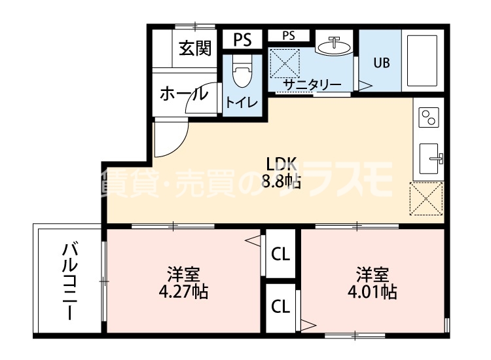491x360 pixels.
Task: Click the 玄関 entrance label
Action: click(x=194, y=48)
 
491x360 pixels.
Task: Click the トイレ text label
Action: click(x=242, y=102)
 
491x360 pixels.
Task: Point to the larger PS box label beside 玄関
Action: click(x=243, y=40)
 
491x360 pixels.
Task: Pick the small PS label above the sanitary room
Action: click(x=289, y=36)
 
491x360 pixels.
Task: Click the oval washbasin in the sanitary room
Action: click(x=334, y=46)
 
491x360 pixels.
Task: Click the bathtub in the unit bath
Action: click(x=422, y=60)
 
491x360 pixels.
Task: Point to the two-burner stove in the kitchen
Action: click(x=428, y=118)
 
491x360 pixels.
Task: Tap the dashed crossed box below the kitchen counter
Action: click(x=426, y=199)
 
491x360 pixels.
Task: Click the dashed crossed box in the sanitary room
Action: click(x=285, y=63)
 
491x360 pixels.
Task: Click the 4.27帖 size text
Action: click(x=183, y=291)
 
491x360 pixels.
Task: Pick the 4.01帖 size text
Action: click(x=372, y=291)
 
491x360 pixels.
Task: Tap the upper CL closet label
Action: click(x=281, y=253)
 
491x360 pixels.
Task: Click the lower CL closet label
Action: click(x=281, y=306)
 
